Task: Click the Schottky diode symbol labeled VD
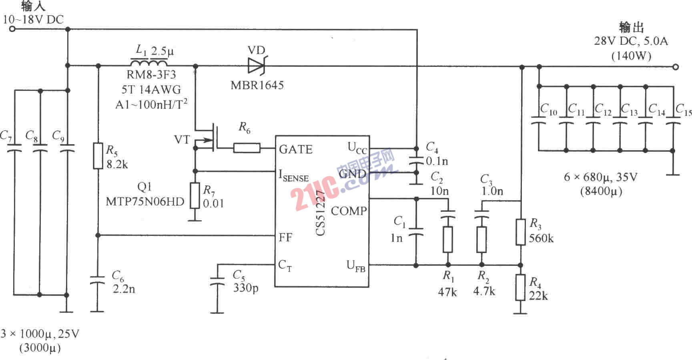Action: tap(257, 66)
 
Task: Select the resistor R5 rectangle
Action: tap(98, 155)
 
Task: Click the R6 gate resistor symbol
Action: tap(247, 148)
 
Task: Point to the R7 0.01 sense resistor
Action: tap(195, 195)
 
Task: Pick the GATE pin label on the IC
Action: tap(295, 149)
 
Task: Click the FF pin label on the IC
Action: tap(285, 237)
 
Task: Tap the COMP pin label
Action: tap(349, 211)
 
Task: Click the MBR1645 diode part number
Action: tap(257, 85)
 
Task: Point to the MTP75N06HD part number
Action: tap(145, 201)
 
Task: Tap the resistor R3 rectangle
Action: tap(520, 231)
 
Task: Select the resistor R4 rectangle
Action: tap(520, 287)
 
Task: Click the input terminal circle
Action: tap(12, 29)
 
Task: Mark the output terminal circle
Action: tap(676, 67)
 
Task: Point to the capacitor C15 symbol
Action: tap(672, 120)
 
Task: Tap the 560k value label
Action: tap(541, 239)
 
